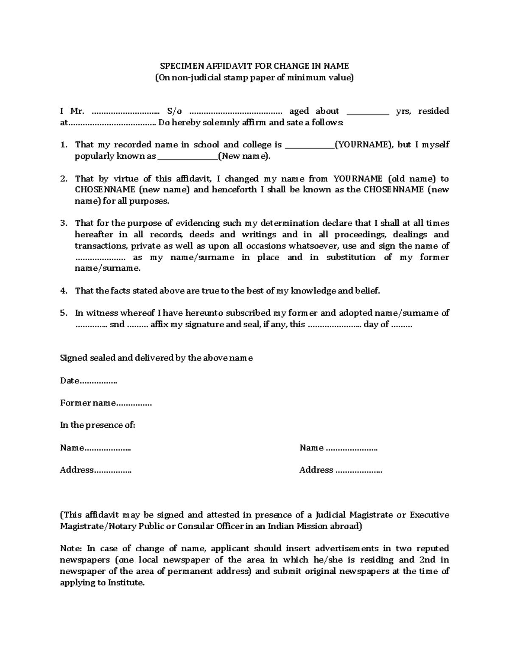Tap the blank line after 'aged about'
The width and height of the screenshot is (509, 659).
[x=368, y=112]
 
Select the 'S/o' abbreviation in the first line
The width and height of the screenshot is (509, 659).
[x=174, y=111]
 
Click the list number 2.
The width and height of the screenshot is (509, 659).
[x=64, y=179]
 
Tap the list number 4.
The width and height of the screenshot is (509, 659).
[x=64, y=291]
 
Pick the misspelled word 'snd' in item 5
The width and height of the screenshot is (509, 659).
[x=117, y=325]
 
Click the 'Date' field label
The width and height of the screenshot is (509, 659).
[x=70, y=381]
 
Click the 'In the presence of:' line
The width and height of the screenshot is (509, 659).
[x=98, y=425]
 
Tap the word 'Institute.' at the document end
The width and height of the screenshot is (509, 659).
[x=127, y=583]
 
